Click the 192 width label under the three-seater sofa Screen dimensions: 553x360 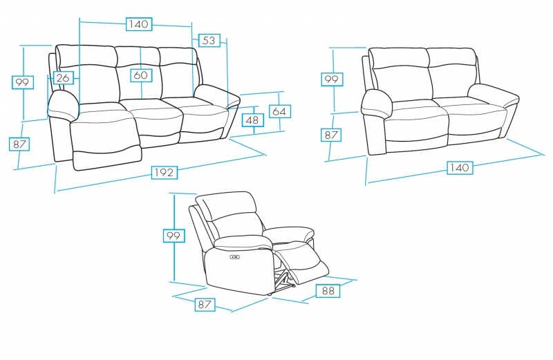165,173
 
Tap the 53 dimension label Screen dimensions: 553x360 209,40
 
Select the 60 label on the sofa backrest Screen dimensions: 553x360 141,75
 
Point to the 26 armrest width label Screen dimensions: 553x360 63,77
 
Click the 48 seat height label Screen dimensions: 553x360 252,120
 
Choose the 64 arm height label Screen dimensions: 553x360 280,111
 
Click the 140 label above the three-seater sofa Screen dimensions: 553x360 139,24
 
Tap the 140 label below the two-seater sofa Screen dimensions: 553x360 460,167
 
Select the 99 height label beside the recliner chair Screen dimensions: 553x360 174,236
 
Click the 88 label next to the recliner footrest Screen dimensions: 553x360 328,291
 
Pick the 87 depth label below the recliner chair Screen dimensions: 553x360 205,304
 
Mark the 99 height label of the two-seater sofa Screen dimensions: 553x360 332,79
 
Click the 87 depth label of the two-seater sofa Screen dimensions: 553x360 331,135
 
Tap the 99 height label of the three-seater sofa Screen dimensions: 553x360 23,82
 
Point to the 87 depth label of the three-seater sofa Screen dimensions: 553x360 19,144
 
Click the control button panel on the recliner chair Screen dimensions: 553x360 235,257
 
